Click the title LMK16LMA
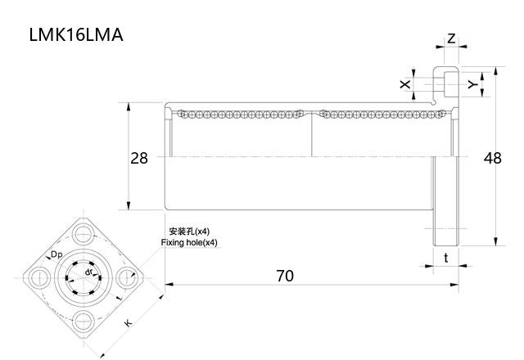pos(75,35)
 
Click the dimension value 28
pos(139,158)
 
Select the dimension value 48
pos(492,158)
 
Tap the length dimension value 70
pos(283,276)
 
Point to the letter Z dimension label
pos(451,38)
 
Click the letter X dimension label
pos(404,83)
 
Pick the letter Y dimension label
pos(472,83)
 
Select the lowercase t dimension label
pos(445,258)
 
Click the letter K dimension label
pos(129,322)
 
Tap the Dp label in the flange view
pos(56,255)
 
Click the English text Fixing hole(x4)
pos(189,243)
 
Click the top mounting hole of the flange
pos(84,233)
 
